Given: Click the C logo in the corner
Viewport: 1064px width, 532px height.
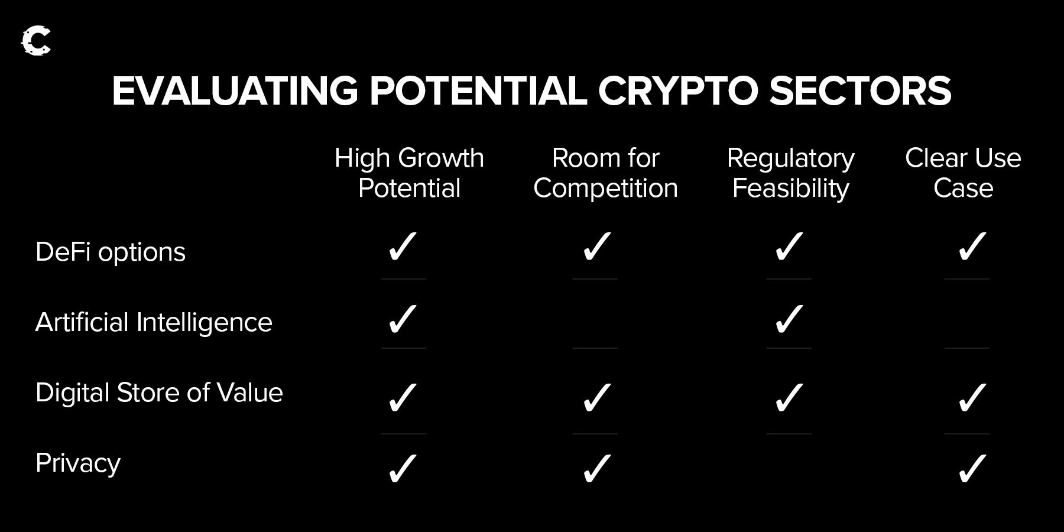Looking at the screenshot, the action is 36,41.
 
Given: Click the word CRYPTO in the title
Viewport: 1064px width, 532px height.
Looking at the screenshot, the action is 677,91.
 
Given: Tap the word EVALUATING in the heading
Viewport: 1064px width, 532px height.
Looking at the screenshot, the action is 235,91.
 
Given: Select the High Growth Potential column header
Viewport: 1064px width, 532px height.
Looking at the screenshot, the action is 409,173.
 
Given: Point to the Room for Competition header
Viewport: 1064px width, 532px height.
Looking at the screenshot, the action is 605,173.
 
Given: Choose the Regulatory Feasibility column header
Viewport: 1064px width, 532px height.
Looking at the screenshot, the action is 791,174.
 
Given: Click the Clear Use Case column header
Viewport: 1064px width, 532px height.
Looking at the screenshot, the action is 963,173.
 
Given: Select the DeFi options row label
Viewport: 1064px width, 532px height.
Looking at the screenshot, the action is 111,252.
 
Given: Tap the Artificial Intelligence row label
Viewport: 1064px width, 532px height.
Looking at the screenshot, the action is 154,323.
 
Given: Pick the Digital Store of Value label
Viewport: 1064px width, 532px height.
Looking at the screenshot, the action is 159,392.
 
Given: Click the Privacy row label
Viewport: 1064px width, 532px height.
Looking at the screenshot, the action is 78,463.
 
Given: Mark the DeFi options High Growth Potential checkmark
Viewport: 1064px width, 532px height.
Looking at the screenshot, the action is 403,246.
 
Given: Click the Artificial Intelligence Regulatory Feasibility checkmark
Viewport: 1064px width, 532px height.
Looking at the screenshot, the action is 789,319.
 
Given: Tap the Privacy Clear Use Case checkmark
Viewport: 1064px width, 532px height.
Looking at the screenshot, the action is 972,469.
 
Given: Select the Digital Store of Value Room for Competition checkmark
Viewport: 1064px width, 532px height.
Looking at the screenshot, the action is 597,397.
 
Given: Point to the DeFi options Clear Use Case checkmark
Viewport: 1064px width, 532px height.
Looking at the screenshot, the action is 972,246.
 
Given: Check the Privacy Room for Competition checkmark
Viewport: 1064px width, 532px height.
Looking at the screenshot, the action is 597,469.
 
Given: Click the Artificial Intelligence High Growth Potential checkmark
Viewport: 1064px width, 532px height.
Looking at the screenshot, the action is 403,319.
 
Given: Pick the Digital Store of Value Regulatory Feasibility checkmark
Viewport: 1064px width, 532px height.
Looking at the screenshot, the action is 789,397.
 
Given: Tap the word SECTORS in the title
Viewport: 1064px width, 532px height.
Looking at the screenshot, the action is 860,91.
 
